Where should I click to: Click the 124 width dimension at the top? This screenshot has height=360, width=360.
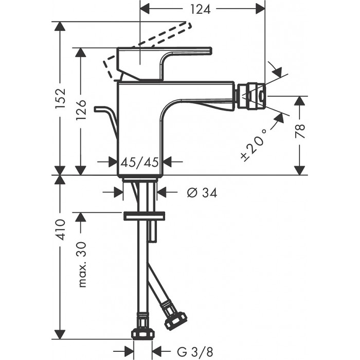tap(203, 8)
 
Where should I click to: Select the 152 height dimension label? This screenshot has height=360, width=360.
tap(61, 98)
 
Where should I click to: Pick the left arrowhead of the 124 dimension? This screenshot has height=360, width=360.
tap(145, 8)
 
